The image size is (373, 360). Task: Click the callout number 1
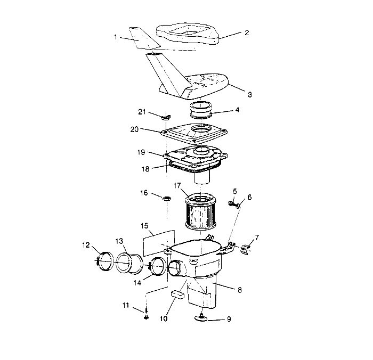pos(116,37)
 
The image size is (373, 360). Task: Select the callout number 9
pos(229,320)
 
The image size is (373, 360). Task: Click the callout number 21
pos(141,111)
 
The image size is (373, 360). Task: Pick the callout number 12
pos(86,245)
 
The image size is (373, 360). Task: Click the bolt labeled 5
pos(233,202)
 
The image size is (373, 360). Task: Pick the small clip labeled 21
pos(165,116)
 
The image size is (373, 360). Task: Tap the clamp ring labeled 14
pos(158,266)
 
